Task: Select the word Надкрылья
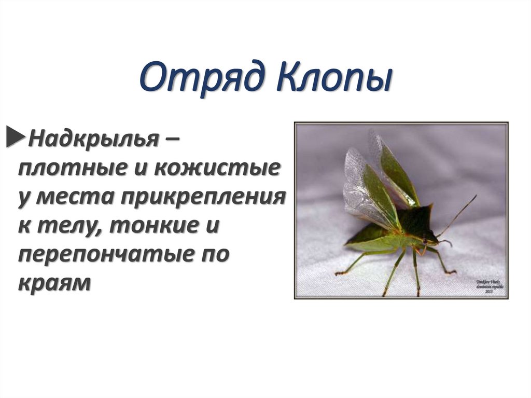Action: [x=92, y=139]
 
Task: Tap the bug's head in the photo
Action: [x=428, y=240]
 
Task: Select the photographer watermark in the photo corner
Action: [x=490, y=287]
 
